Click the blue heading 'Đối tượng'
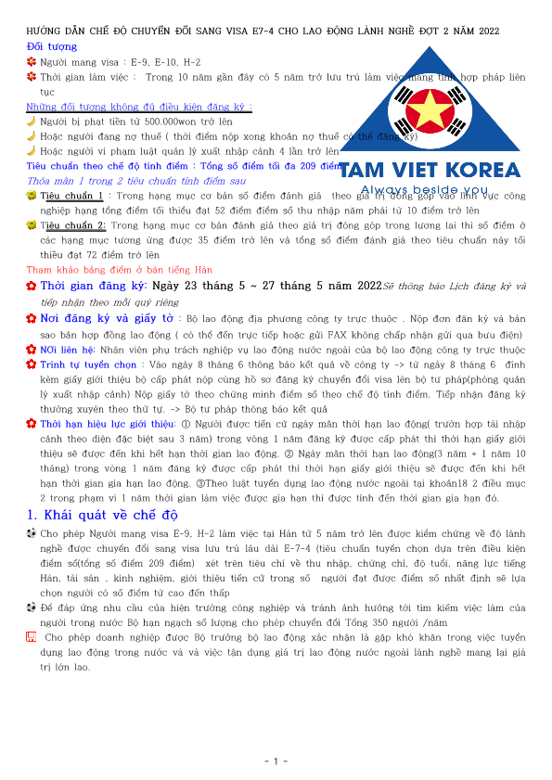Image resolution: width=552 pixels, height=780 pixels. click(x=52, y=46)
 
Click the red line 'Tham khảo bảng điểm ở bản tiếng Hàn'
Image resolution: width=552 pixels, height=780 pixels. click(x=119, y=269)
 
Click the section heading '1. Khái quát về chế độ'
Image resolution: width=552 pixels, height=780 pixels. click(x=101, y=515)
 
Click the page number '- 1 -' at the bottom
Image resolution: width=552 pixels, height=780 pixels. click(x=276, y=761)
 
